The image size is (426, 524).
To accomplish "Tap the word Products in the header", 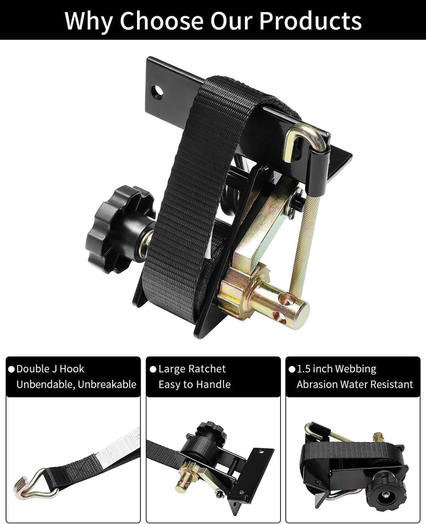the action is coord(310,21).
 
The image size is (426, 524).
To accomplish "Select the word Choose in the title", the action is coord(161,21).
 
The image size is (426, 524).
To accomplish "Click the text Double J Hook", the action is coord(50,369).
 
